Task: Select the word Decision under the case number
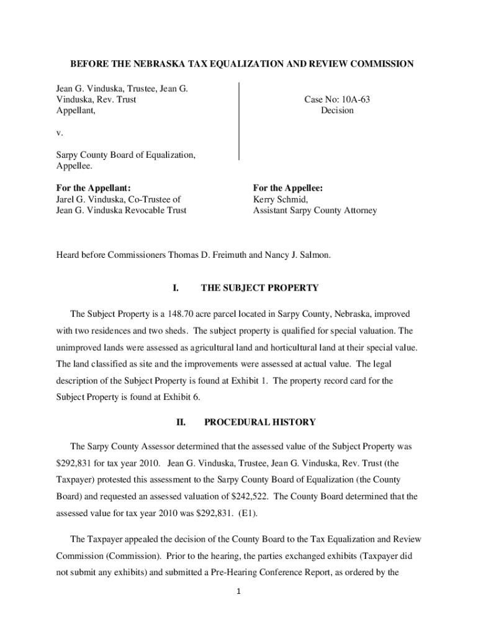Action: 337,111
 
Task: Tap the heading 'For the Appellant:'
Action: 93,188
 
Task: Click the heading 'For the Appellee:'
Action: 287,188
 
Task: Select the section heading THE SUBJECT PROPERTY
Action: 259,288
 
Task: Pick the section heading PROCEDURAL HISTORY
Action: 259,422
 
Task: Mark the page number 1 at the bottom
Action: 239,591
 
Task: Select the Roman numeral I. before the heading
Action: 176,288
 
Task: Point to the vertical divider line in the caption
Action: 239,121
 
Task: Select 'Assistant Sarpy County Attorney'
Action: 315,211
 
